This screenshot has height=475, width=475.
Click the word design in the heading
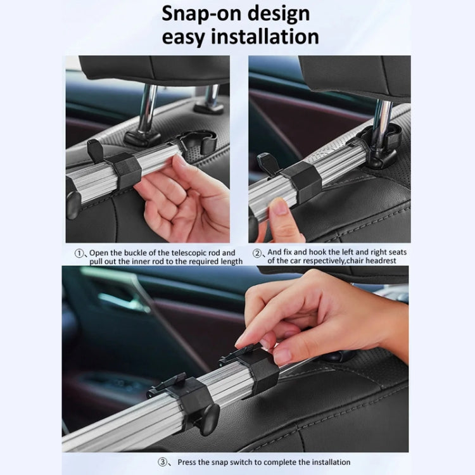(279, 13)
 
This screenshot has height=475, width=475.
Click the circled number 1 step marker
(80, 253)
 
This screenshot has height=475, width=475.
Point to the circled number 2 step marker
(258, 253)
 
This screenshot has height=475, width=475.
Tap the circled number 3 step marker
(164, 463)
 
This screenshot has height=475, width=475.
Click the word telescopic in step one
(186, 253)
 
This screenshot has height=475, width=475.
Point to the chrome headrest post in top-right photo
(382, 117)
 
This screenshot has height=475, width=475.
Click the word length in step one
(229, 260)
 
